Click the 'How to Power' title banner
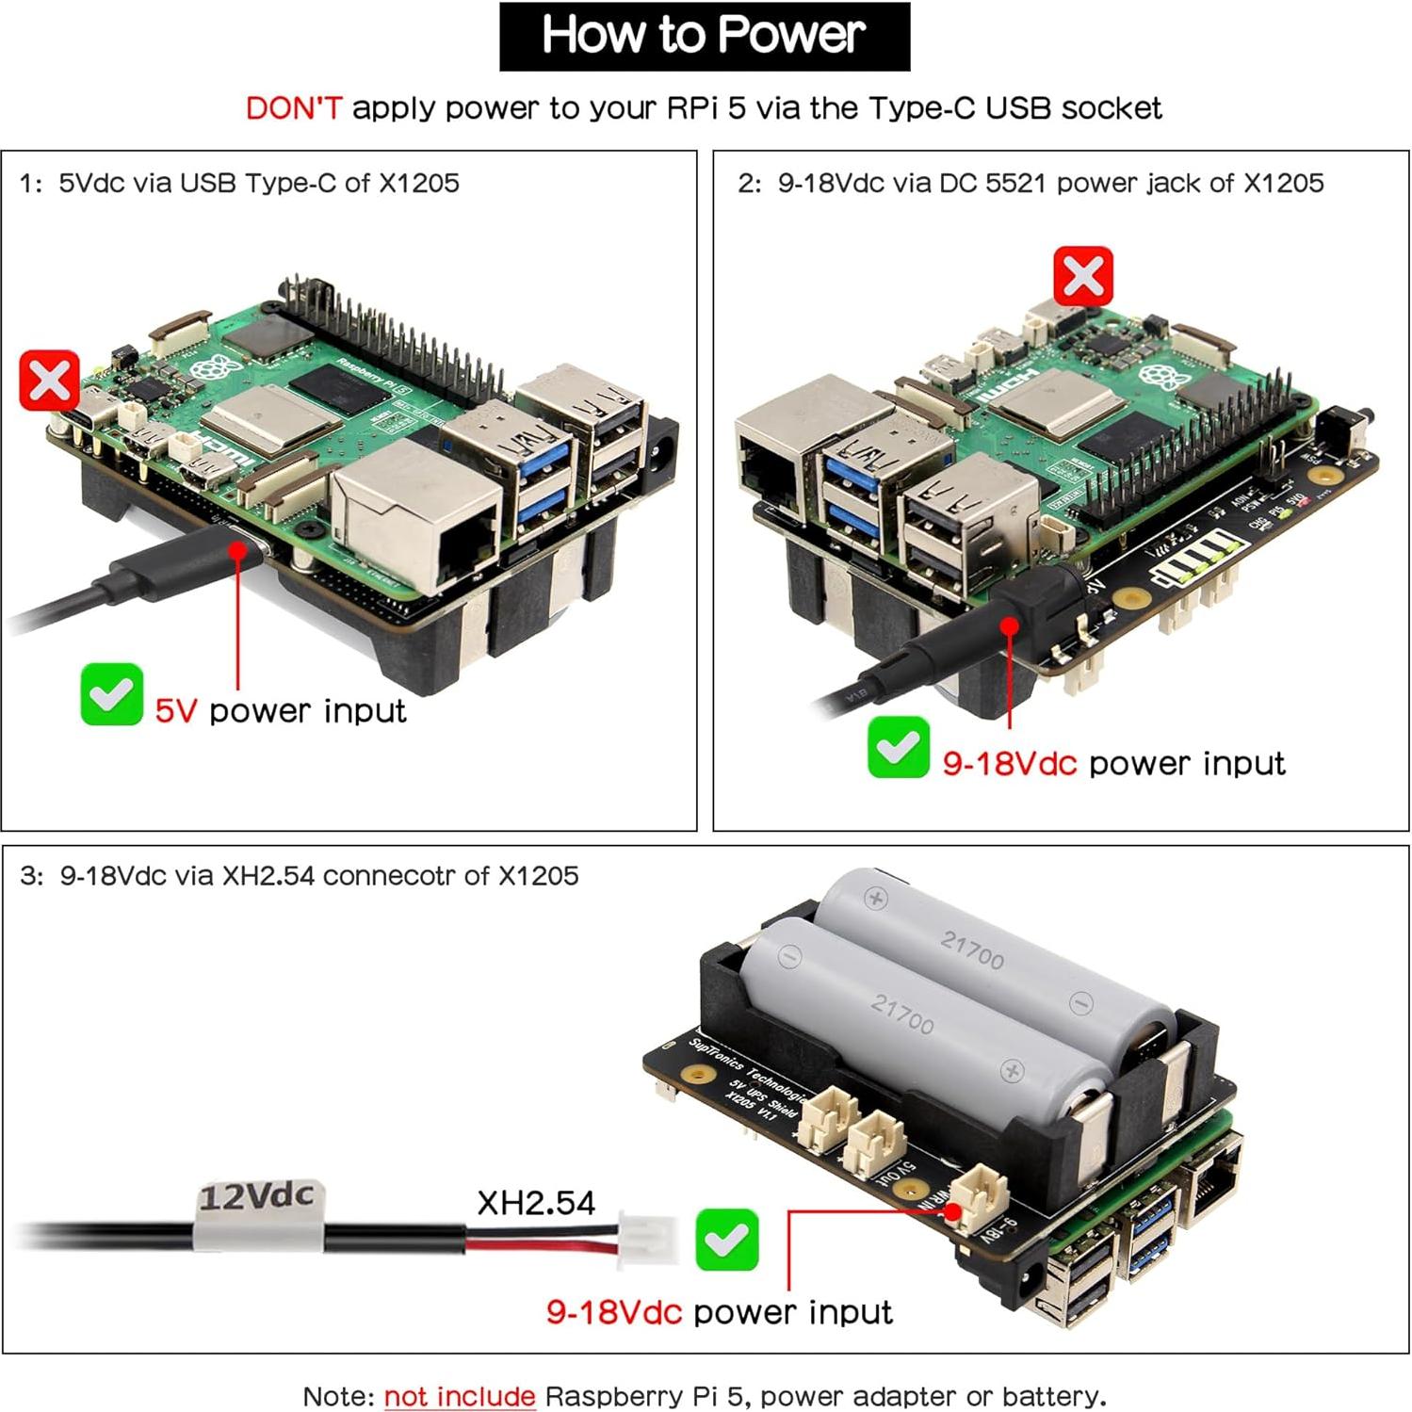704,36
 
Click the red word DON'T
293,108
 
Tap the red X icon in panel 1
50,381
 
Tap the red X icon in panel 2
1083,277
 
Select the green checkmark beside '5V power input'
112,695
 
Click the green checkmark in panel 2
898,748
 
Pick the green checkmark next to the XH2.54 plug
726,1241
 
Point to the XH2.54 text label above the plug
536,1203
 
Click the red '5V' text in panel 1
176,711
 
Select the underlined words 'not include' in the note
460,1396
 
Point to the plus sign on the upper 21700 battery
876,898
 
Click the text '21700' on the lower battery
902,1015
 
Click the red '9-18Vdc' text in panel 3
613,1312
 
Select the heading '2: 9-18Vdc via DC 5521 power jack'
1031,183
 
